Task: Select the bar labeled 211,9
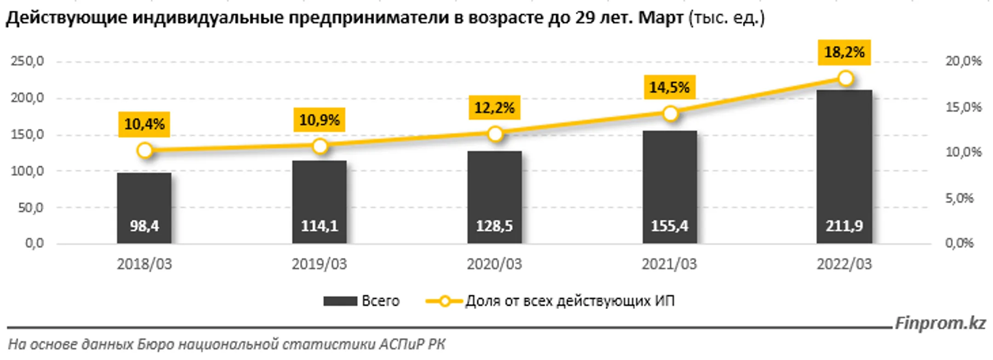pos(844,166)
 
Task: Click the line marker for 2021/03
pos(670,114)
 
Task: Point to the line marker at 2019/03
pos(320,146)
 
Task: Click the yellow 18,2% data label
pos(844,52)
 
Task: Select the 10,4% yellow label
pos(144,124)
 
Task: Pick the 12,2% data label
pos(494,108)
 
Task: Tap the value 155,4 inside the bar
pos(669,226)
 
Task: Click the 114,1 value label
pos(320,226)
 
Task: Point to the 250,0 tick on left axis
pos(28,61)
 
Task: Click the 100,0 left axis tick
pos(28,171)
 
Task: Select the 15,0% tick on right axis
pos(963,107)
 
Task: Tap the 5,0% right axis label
pos(959,198)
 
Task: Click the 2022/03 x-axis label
pos(844,264)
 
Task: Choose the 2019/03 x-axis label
pos(319,264)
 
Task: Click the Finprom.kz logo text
pos(940,323)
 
